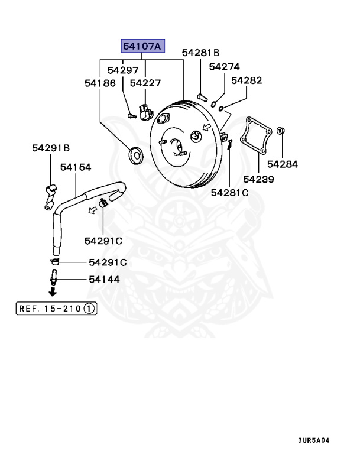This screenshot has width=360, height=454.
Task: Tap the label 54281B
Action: point(200,53)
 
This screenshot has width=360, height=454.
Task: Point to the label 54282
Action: point(246,80)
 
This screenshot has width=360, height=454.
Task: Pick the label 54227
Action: point(145,83)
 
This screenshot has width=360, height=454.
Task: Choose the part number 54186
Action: point(100,83)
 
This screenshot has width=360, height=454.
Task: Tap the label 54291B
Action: point(51,148)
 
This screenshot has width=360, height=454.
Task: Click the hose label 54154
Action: point(75,168)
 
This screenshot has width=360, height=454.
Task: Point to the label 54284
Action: point(283,164)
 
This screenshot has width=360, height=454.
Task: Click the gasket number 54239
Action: point(258,178)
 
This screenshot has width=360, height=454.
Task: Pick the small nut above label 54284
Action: point(282,130)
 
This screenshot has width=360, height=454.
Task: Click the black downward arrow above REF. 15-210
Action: point(53,291)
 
